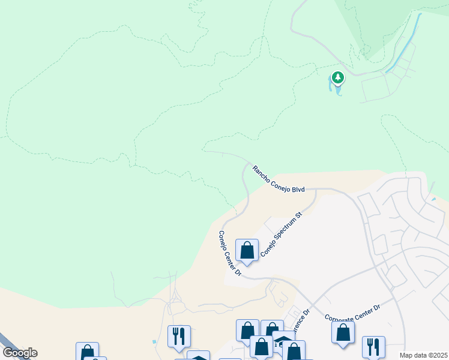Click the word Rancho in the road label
(x=262, y=173)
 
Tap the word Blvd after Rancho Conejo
(x=298, y=189)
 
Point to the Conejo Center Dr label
(x=229, y=253)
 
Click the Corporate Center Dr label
(x=352, y=313)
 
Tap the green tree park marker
(x=338, y=78)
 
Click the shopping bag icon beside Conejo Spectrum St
(x=247, y=250)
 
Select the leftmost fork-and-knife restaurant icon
(x=179, y=336)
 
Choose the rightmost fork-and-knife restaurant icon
(x=373, y=346)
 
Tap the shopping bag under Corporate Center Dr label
(x=343, y=332)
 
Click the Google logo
(x=20, y=353)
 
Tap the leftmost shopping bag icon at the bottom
(x=87, y=352)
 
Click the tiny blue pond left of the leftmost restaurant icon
(x=154, y=341)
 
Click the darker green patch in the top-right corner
(x=390, y=18)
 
